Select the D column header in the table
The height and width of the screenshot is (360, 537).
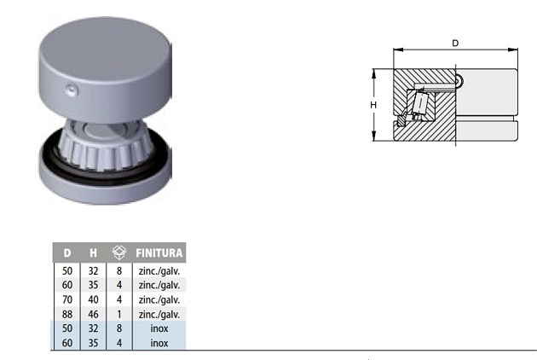point(67,253)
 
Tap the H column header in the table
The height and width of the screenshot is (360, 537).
point(93,253)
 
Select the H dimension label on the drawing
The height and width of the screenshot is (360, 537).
point(373,104)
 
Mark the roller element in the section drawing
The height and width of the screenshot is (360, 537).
point(420,104)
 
